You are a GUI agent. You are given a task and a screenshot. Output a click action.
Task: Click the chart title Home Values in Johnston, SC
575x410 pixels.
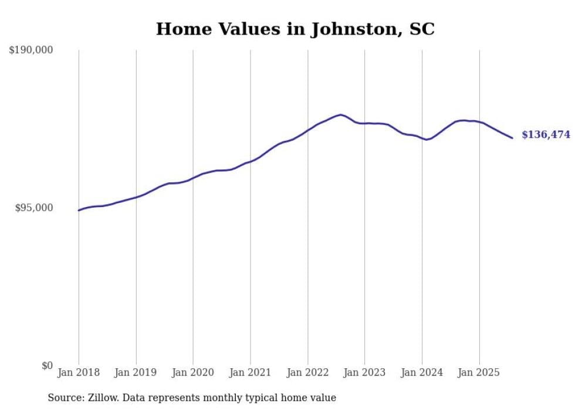[295, 29]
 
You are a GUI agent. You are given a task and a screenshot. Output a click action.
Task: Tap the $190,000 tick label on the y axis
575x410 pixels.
[31, 50]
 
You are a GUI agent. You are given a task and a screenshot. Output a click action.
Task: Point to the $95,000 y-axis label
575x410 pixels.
[34, 208]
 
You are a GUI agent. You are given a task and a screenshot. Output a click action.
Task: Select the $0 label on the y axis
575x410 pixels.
[47, 365]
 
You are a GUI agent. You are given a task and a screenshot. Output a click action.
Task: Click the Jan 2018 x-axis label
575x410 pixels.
[79, 372]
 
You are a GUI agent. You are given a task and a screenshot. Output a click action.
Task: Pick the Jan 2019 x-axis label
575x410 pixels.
[136, 372]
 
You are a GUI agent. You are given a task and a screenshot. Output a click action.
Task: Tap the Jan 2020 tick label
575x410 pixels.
[193, 372]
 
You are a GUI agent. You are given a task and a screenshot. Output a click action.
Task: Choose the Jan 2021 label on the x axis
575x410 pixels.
[251, 372]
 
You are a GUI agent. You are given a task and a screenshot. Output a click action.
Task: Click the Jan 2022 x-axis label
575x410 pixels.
[307, 372]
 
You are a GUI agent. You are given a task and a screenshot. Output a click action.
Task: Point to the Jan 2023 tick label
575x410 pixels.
[364, 372]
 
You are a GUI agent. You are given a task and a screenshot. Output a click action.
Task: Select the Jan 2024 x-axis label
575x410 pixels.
[422, 372]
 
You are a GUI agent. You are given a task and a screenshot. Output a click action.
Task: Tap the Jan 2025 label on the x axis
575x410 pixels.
[479, 372]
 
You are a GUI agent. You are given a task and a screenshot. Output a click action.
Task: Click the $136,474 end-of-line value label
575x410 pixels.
[546, 135]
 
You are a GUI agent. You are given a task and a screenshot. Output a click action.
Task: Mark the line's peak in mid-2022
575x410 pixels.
[340, 114]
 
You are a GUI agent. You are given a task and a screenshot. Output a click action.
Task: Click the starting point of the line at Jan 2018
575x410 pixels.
[79, 210]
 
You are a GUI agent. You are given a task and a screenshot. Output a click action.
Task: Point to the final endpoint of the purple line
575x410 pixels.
[512, 138]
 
